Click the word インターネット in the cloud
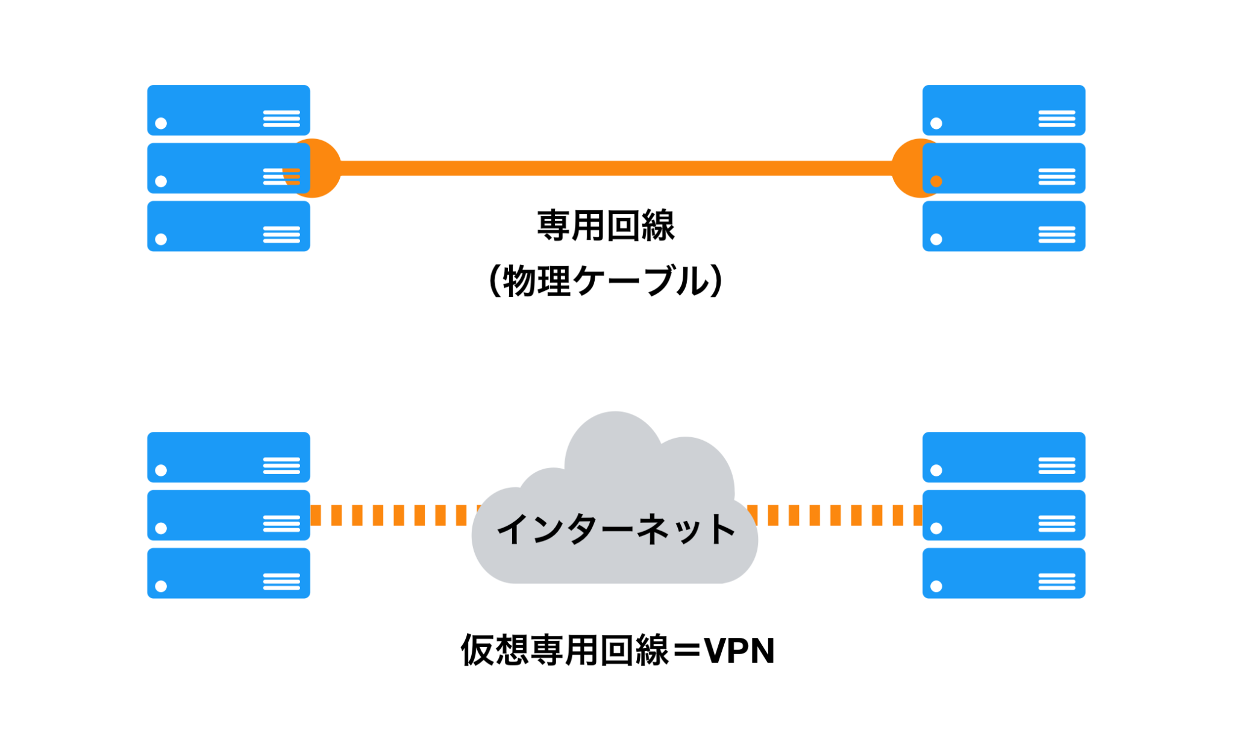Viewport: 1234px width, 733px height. coord(616,529)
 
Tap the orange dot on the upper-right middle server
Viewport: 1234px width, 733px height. coord(936,181)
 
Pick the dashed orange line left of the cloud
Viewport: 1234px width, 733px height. coord(392,515)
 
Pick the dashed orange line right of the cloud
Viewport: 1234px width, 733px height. coord(838,515)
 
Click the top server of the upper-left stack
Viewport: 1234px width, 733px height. coord(228,110)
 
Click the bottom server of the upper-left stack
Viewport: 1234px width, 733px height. coord(228,226)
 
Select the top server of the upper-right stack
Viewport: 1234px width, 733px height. coord(1004,110)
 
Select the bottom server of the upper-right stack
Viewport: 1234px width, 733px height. coord(1004,226)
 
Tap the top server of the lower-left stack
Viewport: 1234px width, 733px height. coord(228,457)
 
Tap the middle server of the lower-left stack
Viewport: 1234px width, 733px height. coord(228,515)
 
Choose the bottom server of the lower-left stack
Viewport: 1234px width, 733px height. coord(228,573)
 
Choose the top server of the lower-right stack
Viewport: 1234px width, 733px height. coord(1004,457)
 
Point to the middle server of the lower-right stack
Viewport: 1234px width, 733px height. coord(1004,515)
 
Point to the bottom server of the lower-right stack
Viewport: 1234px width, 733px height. coord(1004,573)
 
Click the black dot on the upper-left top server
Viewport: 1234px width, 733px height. coord(161,123)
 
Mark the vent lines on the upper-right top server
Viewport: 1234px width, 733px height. coord(1056,119)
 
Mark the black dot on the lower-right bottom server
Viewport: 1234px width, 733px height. coord(936,586)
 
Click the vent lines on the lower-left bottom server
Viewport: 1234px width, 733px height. coord(281,582)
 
